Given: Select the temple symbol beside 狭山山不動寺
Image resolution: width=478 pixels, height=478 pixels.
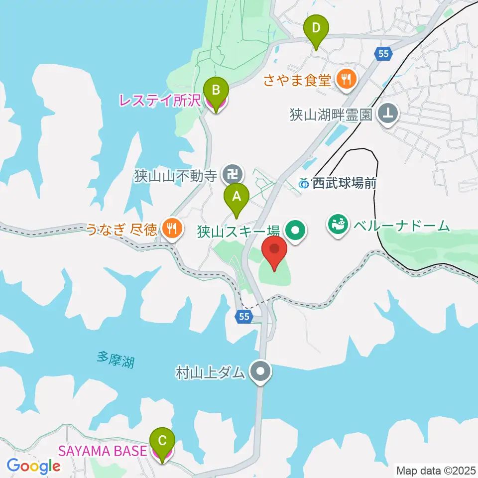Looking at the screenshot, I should [x=232, y=174].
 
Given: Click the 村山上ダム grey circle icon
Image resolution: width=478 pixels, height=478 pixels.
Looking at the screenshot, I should [x=260, y=371].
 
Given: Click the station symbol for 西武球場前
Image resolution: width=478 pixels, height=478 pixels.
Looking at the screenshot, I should [x=304, y=184].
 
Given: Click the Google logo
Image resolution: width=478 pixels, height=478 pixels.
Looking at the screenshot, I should [x=33, y=467].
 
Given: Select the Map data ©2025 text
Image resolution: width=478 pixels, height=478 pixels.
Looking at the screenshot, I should [x=435, y=470].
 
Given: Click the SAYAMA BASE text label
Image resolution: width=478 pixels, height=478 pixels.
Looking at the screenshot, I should [x=103, y=451].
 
